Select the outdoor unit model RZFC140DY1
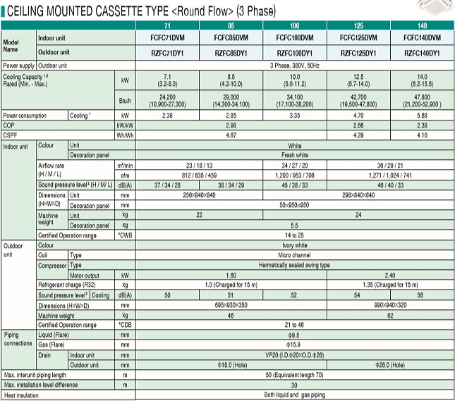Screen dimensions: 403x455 (x=423, y=53)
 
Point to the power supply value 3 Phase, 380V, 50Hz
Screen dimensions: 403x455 (x=295, y=65)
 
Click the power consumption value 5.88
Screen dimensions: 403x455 (x=423, y=114)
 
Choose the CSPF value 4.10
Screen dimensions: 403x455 (x=423, y=134)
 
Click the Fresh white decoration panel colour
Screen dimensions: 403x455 (x=295, y=154)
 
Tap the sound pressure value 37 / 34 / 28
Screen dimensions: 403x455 (x=167, y=185)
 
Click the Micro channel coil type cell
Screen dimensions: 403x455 (x=295, y=256)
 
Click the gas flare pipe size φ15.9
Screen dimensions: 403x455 (x=295, y=346)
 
